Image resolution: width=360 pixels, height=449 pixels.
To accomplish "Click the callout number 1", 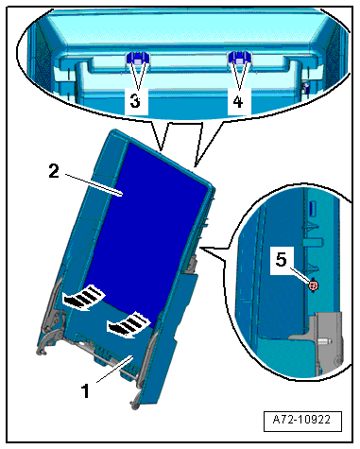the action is (85, 391).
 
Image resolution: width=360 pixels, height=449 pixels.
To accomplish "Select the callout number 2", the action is (54, 171).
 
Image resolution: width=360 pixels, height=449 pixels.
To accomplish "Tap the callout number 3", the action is (135, 101).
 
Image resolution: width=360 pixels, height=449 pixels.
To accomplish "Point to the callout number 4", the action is (238, 101).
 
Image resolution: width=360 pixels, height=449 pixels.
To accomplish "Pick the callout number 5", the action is (282, 260).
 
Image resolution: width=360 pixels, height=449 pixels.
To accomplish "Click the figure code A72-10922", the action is (301, 420).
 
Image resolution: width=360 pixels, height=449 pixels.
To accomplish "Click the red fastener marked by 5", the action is (314, 285).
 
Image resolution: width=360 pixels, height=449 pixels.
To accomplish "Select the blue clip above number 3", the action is (137, 59).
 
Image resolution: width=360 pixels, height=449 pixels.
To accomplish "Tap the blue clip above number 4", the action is (239, 58).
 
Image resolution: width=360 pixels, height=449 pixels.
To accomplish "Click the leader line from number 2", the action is (93, 184).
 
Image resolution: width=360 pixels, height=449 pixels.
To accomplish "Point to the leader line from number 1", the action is (115, 369).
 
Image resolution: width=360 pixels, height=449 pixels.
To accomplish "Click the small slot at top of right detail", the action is (313, 208).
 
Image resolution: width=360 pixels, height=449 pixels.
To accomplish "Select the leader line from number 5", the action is (300, 275).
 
